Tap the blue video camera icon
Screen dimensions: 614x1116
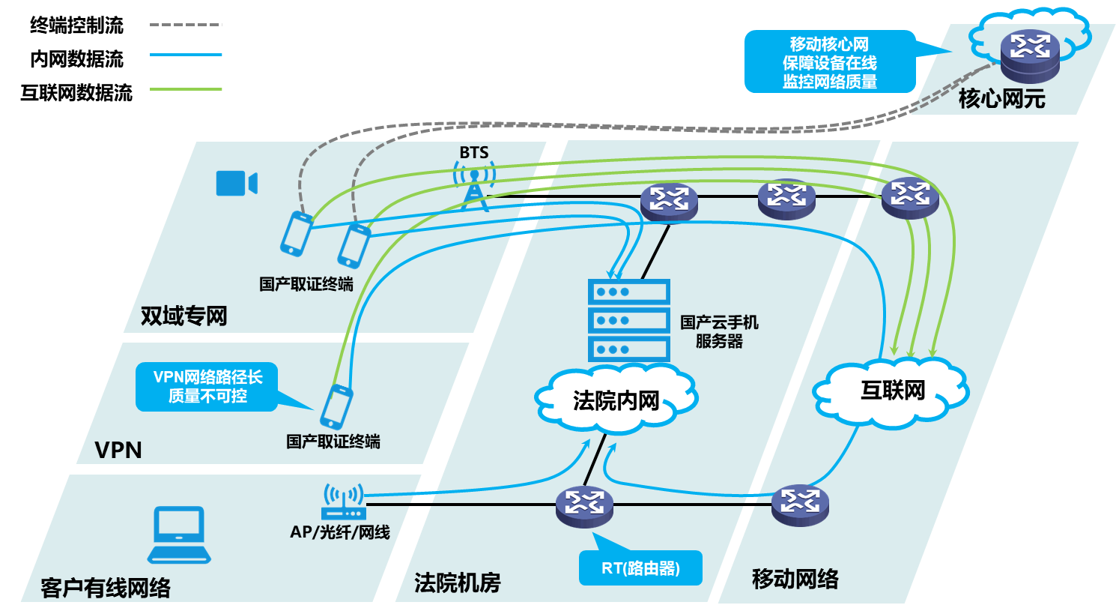(236, 183)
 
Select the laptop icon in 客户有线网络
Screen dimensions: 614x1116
(179, 535)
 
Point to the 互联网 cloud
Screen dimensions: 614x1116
(891, 392)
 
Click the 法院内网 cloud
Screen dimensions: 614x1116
(616, 400)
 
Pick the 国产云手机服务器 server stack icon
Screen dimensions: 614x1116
(628, 321)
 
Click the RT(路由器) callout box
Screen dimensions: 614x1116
(640, 568)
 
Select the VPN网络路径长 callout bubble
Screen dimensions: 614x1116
(207, 387)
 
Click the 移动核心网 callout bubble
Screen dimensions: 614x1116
(829, 62)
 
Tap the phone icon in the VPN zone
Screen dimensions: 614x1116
(336, 406)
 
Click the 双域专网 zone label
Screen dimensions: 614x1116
(184, 316)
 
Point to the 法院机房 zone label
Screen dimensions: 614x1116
(457, 583)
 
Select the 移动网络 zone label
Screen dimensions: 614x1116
(795, 579)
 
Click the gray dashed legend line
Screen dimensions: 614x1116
(186, 25)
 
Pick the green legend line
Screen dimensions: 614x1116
(186, 89)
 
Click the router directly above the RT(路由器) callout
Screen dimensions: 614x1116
(584, 506)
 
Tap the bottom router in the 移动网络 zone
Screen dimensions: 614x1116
(800, 505)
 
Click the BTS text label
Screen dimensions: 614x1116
(473, 153)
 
